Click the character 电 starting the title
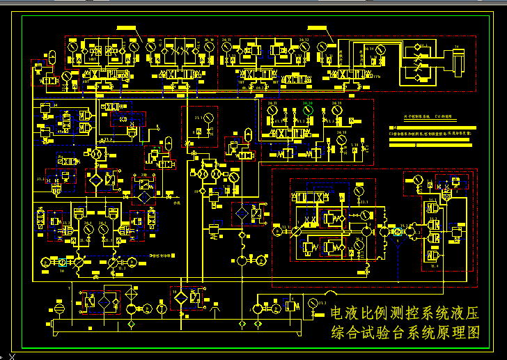(x=338, y=313)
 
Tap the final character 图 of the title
(x=474, y=333)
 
